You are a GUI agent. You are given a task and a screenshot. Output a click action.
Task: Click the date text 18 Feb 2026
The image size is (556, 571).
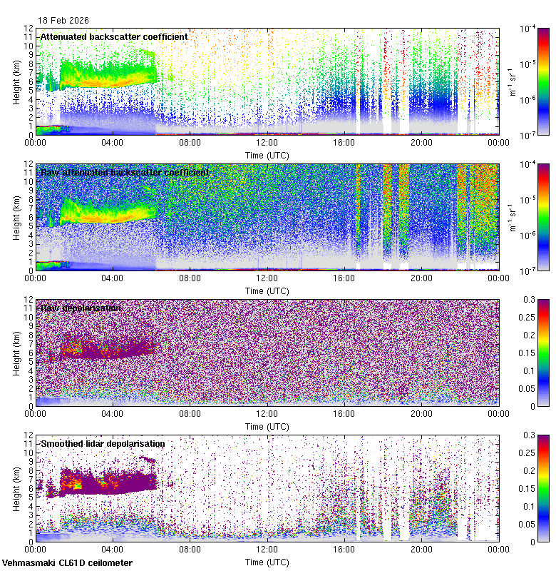click(x=64, y=21)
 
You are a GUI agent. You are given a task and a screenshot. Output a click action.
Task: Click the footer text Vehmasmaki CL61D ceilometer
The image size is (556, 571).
click(x=67, y=563)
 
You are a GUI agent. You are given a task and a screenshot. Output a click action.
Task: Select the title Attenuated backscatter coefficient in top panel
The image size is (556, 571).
click(x=114, y=36)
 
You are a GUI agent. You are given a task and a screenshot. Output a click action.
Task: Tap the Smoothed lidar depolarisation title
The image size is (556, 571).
click(x=103, y=443)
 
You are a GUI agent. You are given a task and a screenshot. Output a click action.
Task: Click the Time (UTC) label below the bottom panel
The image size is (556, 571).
click(x=267, y=562)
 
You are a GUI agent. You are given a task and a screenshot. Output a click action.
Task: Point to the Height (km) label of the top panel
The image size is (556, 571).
click(x=16, y=81)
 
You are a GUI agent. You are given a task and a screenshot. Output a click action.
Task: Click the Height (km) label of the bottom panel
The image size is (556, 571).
click(x=16, y=488)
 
